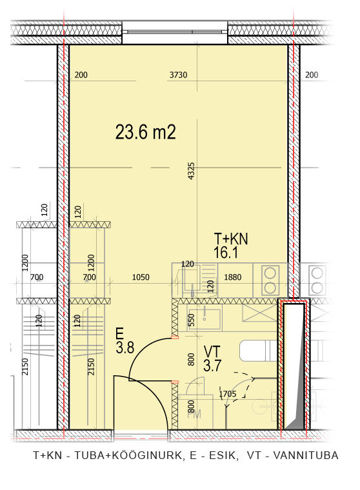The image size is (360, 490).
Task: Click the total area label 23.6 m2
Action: click(145, 132)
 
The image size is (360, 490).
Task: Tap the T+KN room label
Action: click(231, 239)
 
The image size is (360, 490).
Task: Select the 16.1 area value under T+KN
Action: click(226, 252)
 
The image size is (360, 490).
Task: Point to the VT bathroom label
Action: click(212, 351)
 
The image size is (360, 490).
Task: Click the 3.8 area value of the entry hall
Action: click(125, 347)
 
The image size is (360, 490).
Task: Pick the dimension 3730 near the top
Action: click(178, 75)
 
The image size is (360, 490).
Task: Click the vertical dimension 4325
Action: click(191, 171)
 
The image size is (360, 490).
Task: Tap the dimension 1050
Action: click(141, 277)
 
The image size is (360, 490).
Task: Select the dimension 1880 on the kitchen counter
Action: click(233, 277)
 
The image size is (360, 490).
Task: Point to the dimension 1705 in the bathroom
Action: click(228, 394)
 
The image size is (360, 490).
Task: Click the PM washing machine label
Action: click(194, 415)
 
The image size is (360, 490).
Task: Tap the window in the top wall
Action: click(175, 32)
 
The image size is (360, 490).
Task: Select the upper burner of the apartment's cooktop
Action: click(270, 273)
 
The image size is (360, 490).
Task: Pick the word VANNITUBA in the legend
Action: click(306, 455)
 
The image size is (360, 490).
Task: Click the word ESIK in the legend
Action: click(222, 455)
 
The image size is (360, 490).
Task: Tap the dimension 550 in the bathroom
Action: click(191, 320)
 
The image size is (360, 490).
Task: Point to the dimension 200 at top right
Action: click(312, 75)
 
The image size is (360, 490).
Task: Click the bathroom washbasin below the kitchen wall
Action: click(204, 319)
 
